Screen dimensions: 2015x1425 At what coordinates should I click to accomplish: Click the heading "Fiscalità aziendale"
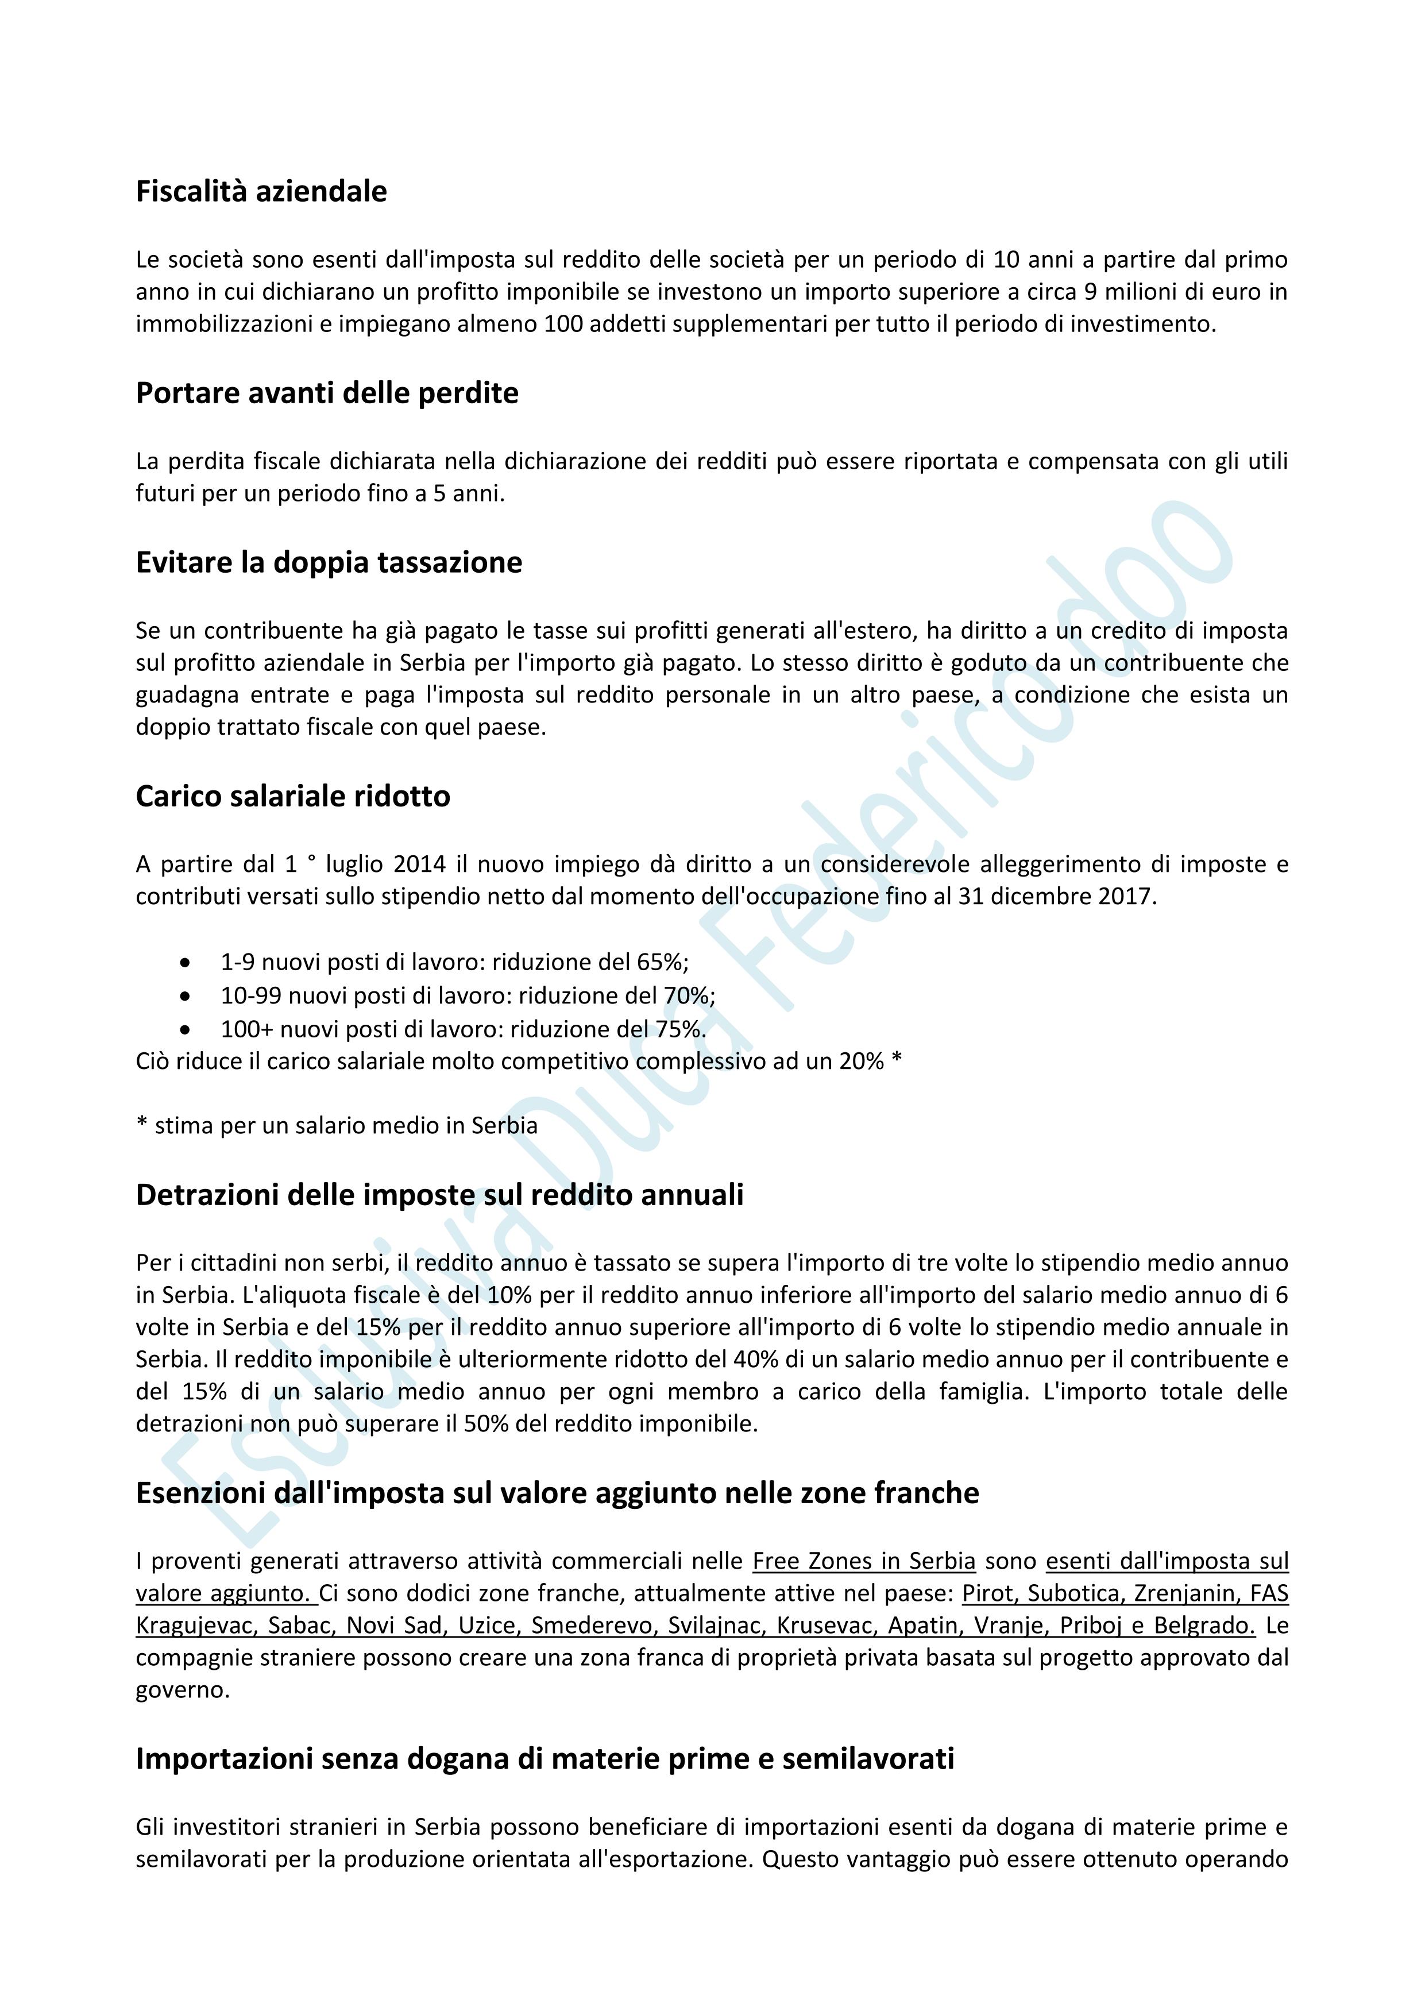(x=261, y=191)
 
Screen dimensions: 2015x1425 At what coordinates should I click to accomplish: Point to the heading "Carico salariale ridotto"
(x=293, y=796)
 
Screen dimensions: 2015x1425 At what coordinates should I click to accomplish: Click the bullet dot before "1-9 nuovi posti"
(x=184, y=963)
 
